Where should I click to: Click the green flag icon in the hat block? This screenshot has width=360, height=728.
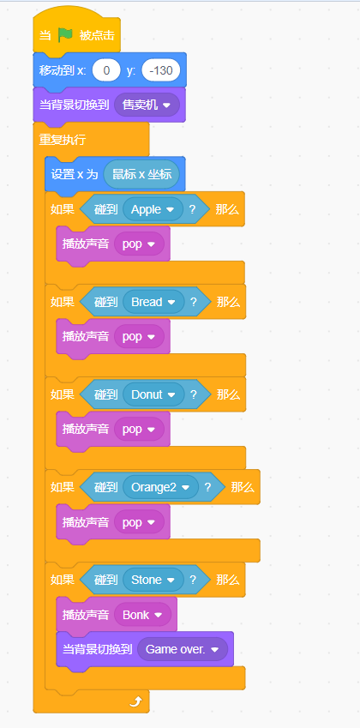pyautogui.click(x=65, y=35)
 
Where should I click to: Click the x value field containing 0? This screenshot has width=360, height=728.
pyautogui.click(x=106, y=70)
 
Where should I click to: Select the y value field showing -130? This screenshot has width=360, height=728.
pyautogui.click(x=161, y=70)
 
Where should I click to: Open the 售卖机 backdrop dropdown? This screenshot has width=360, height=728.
pyautogui.click(x=144, y=105)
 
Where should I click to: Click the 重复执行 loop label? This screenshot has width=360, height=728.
pyautogui.click(x=63, y=140)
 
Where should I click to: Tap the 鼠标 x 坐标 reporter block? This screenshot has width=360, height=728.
pyautogui.click(x=141, y=174)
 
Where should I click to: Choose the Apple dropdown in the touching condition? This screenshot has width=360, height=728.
pyautogui.click(x=153, y=209)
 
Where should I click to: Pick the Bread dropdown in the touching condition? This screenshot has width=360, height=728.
pyautogui.click(x=153, y=302)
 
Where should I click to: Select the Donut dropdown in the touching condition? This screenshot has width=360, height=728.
pyautogui.click(x=153, y=394)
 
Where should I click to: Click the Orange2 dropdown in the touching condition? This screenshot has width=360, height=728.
pyautogui.click(x=160, y=487)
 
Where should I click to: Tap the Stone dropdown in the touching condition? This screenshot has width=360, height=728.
pyautogui.click(x=153, y=580)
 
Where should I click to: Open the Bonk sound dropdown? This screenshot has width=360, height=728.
pyautogui.click(x=142, y=615)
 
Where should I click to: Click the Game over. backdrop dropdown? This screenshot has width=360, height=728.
pyautogui.click(x=182, y=649)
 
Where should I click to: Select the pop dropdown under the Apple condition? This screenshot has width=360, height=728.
pyautogui.click(x=139, y=244)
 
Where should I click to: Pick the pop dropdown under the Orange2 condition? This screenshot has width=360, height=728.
pyautogui.click(x=139, y=522)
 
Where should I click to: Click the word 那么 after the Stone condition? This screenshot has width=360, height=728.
pyautogui.click(x=228, y=580)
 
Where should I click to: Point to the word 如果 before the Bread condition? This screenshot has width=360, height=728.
pyautogui.click(x=63, y=302)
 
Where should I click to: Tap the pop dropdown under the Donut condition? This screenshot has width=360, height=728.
pyautogui.click(x=139, y=430)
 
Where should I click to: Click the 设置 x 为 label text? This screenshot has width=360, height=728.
pyautogui.click(x=75, y=174)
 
